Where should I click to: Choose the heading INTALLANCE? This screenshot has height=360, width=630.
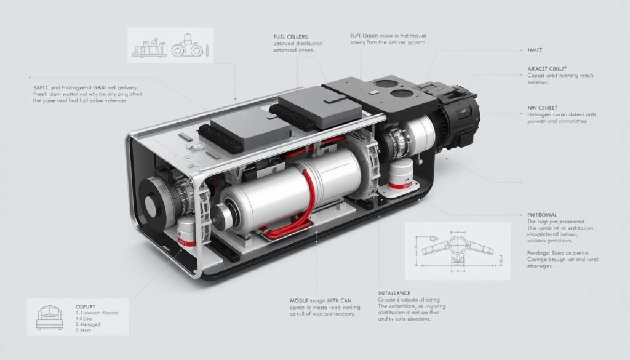(394, 293)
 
